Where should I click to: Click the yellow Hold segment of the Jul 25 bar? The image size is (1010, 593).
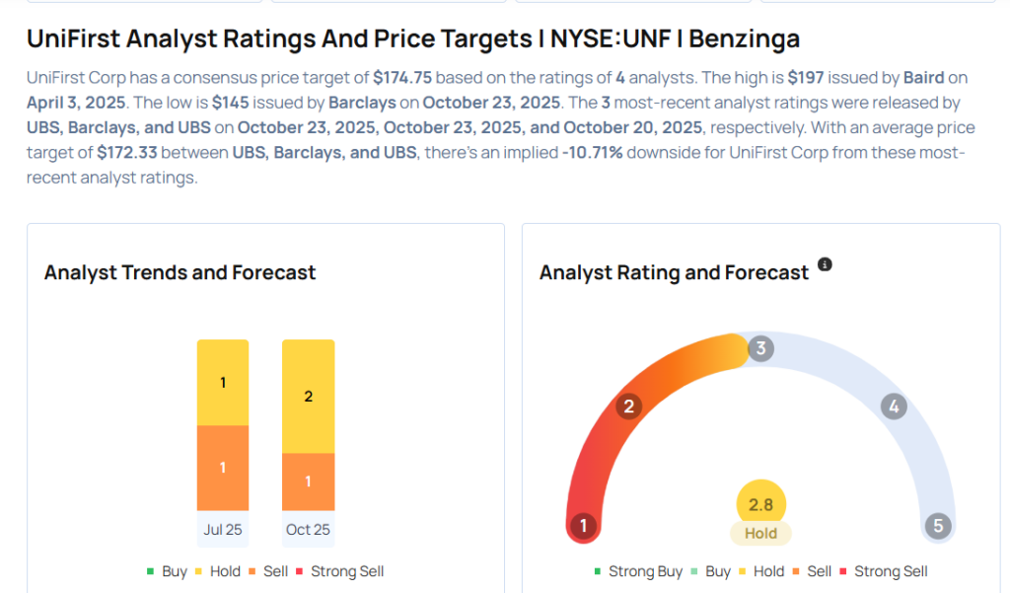[223, 382]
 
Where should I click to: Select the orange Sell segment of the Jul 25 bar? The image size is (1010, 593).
[223, 467]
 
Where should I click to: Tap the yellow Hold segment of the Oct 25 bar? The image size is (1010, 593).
[308, 396]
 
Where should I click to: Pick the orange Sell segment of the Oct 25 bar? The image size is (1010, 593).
[308, 481]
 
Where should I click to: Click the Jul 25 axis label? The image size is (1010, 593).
[223, 530]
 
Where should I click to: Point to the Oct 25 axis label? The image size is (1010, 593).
[308, 530]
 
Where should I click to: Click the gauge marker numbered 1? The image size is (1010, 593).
[583, 526]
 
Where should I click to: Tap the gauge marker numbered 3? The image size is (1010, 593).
[759, 348]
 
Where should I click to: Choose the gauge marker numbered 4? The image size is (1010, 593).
[894, 407]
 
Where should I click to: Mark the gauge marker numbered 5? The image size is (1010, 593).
[938, 526]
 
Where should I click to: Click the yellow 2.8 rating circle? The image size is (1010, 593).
[760, 504]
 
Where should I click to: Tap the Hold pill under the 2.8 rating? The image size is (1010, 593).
[760, 533]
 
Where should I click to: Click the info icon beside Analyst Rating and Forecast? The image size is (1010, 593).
[826, 264]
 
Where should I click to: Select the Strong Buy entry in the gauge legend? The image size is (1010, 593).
[637, 571]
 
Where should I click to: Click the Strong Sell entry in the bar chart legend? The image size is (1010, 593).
[346, 571]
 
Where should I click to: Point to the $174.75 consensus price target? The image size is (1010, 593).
[403, 77]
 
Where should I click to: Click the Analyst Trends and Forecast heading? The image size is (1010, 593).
[180, 272]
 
